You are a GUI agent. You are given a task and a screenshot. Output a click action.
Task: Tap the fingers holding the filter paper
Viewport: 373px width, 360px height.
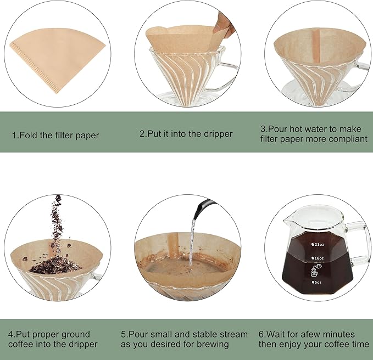pos(224,25)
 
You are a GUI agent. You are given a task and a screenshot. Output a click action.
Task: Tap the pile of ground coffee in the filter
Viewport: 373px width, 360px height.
pos(55,266)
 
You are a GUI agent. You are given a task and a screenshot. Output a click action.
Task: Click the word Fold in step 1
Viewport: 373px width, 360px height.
pos(27,134)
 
